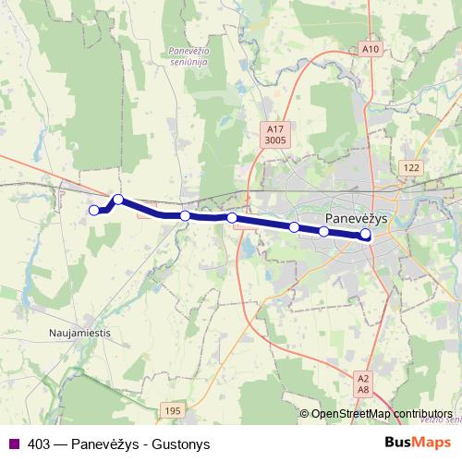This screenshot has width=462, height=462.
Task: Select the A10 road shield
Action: [x=371, y=49]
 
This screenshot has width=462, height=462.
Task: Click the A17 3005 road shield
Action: [x=274, y=135]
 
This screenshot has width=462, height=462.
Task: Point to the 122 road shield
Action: [x=411, y=166]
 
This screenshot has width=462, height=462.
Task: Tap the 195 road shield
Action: [x=172, y=409]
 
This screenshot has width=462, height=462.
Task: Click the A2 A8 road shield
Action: [x=363, y=384]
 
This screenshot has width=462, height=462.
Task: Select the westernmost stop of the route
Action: [x=92, y=211]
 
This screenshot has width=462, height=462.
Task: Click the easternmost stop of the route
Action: [x=366, y=235]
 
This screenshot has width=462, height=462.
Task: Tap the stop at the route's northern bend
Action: [x=118, y=199]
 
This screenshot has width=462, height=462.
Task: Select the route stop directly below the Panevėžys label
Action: [x=324, y=231]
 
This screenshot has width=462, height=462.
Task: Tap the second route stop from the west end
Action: [x=118, y=199]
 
